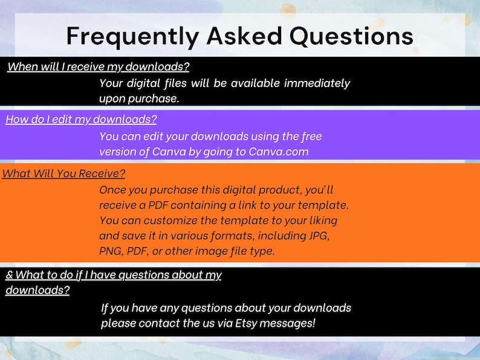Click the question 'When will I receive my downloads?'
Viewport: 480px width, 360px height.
click(102, 66)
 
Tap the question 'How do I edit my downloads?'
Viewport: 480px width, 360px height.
click(81, 119)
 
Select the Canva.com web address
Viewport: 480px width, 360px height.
click(279, 152)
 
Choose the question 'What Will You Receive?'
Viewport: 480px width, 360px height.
click(63, 174)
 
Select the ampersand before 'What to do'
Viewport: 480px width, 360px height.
click(9, 275)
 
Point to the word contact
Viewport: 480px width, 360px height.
click(158, 323)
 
